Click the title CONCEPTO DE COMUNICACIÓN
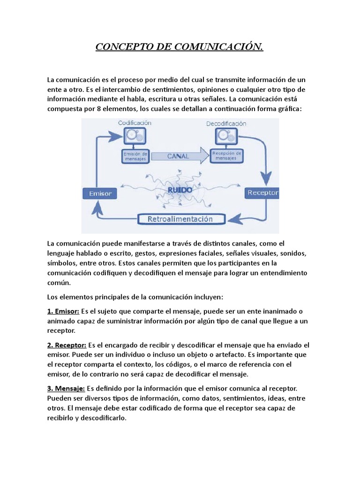(180, 47)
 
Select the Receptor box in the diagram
(262, 192)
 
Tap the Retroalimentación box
(180, 219)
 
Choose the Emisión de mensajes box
(135, 156)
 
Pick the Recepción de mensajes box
(227, 156)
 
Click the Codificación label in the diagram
(135, 122)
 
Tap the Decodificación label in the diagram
(226, 124)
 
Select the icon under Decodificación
(226, 137)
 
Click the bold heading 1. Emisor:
(64, 311)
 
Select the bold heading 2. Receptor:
(67, 345)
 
